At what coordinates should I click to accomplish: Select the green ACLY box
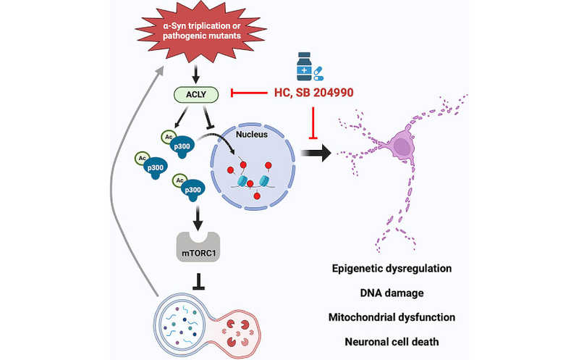pyautogui.click(x=193, y=93)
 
